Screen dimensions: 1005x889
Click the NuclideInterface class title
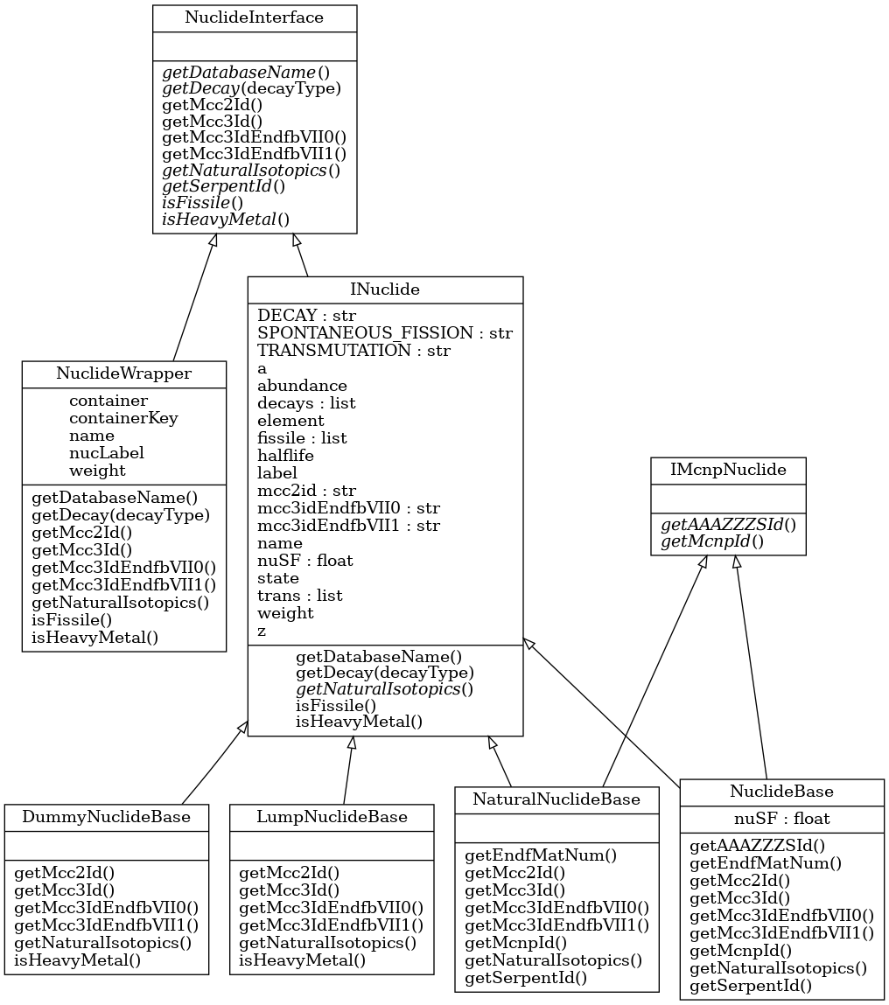(255, 17)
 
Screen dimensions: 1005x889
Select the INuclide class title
(385, 290)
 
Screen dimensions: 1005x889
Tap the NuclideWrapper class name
(124, 373)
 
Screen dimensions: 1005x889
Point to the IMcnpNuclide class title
(727, 470)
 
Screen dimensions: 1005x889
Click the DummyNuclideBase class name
(107, 817)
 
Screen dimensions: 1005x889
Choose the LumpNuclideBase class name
(332, 817)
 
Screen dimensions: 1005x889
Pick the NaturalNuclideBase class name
(556, 799)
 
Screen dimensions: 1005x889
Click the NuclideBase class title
(781, 792)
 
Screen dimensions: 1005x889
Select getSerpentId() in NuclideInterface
(223, 185)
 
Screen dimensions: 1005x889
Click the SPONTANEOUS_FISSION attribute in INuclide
(384, 332)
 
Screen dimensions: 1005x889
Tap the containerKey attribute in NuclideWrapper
(123, 417)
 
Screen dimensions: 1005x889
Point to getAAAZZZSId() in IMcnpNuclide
(728, 524)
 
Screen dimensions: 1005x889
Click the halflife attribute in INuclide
(285, 455)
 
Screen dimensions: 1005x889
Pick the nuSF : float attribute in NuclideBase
(781, 819)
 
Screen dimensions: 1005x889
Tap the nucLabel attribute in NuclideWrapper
(106, 452)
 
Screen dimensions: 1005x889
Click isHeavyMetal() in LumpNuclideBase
(302, 960)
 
